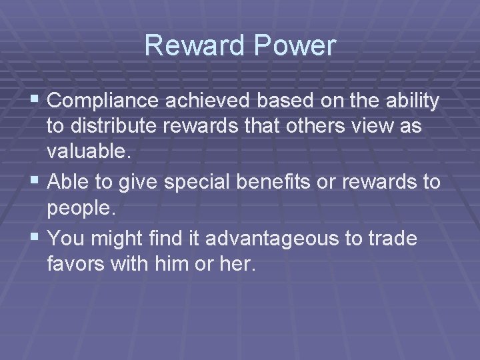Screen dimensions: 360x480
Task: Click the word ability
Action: (413, 101)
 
